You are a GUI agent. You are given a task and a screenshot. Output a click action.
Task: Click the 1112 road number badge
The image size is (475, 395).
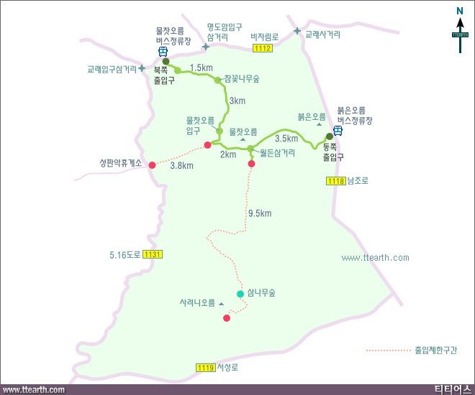pyautogui.click(x=263, y=48)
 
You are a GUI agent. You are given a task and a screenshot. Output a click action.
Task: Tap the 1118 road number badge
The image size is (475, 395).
pyautogui.click(x=335, y=181)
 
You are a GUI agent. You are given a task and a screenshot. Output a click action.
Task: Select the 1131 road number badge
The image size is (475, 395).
pyautogui.click(x=153, y=254)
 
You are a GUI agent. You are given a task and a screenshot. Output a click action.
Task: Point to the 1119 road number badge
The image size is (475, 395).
pyautogui.click(x=205, y=368)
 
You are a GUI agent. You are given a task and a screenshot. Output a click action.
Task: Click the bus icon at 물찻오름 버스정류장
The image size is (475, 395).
pyautogui.click(x=163, y=51)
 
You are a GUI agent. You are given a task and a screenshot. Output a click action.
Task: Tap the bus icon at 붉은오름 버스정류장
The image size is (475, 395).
pyautogui.click(x=338, y=131)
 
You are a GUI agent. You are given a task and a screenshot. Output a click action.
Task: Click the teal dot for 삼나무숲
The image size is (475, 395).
pyautogui.click(x=240, y=293)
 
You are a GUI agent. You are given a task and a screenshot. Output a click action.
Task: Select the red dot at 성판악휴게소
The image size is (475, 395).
pyautogui.click(x=152, y=165)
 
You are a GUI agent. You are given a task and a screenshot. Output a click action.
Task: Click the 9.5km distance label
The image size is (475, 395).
pyautogui.click(x=259, y=213)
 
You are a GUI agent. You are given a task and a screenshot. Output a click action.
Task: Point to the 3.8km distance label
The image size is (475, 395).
pyautogui.click(x=181, y=166)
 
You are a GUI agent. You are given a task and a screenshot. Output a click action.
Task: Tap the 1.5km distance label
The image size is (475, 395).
pyautogui.click(x=201, y=68)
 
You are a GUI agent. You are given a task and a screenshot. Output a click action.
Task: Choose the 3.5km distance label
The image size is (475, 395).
pyautogui.click(x=286, y=139)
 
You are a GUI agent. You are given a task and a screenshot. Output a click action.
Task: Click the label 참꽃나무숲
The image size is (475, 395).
pyautogui.click(x=242, y=78)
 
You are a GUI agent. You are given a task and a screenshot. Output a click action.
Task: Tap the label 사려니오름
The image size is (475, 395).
pyautogui.click(x=197, y=303)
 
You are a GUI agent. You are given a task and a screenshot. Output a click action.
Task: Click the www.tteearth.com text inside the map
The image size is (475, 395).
pyautogui.click(x=375, y=258)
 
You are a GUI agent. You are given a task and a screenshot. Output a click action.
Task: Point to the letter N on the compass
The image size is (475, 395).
pyautogui.click(x=460, y=10)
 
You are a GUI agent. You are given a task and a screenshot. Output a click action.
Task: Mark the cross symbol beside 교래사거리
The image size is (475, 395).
pyautogui.click(x=297, y=31)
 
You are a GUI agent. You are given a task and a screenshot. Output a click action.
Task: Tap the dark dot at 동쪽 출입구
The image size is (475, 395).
pyautogui.click(x=330, y=136)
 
